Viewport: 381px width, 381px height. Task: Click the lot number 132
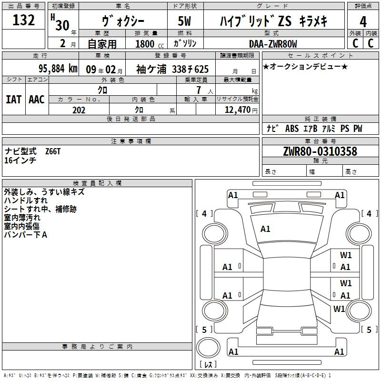[23, 20]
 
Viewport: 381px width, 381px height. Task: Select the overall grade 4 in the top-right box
[363, 22]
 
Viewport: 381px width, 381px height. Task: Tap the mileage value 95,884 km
[58, 69]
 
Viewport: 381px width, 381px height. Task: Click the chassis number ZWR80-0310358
[320, 151]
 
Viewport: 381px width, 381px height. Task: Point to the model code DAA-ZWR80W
[273, 44]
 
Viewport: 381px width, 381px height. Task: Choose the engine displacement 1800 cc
[150, 44]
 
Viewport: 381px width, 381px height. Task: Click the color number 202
[79, 110]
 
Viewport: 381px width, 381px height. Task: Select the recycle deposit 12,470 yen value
[241, 110]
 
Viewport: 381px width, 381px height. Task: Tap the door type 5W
[184, 21]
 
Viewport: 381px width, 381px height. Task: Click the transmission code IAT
[13, 100]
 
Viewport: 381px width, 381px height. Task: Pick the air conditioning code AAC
[37, 100]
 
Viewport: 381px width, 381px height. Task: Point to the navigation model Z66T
[53, 151]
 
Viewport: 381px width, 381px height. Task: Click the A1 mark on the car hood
[265, 229]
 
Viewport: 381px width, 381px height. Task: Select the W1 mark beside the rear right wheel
[339, 309]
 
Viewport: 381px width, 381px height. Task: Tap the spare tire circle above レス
[208, 347]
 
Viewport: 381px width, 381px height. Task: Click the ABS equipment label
[292, 129]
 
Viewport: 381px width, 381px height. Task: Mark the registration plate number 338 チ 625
[190, 69]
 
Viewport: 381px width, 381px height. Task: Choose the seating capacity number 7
[199, 90]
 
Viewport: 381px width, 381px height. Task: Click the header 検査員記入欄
[97, 183]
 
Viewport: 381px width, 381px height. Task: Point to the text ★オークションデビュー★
[305, 67]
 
